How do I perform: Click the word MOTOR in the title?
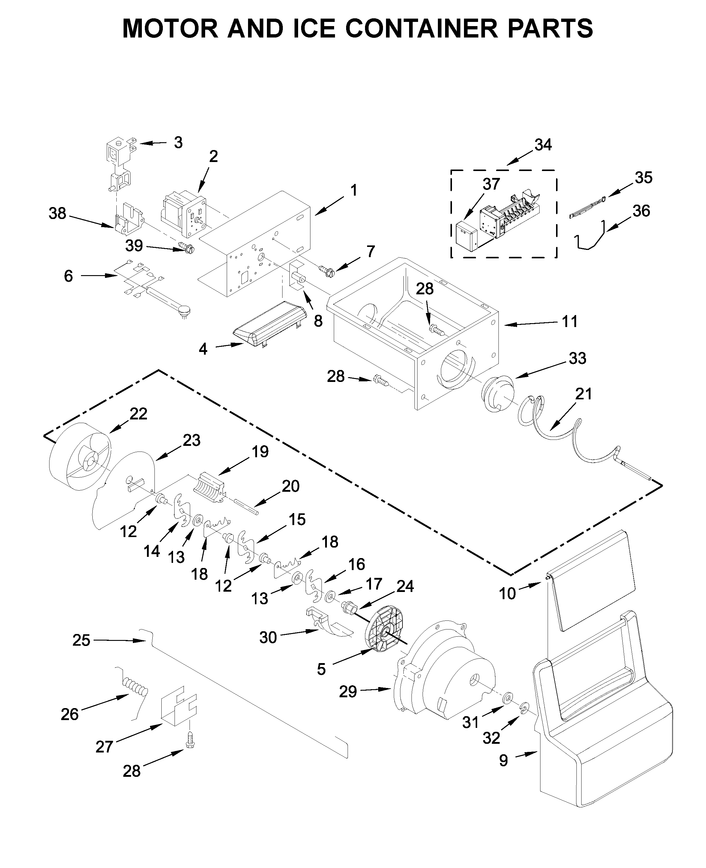click(x=170, y=29)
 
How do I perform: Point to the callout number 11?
click(x=570, y=322)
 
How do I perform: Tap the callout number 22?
click(x=138, y=414)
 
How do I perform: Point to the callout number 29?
click(x=348, y=692)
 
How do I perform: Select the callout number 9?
click(x=504, y=760)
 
